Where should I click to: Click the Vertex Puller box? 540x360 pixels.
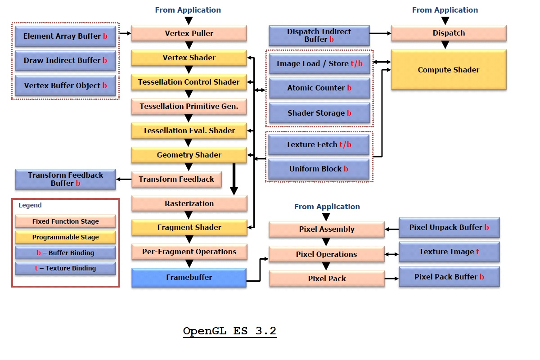point(189,33)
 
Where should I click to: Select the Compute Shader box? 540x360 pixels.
point(449,70)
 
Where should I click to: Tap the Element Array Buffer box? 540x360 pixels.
point(65,36)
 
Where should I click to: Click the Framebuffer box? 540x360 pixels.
point(189,277)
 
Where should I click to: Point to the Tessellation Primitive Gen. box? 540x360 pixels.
point(189,106)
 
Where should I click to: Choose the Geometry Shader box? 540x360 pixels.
point(189,155)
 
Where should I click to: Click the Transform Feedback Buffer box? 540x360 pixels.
point(65,179)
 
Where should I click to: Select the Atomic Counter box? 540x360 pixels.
point(319,88)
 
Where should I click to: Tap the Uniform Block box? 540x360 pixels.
point(319,169)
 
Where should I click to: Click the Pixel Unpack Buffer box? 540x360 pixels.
point(449,228)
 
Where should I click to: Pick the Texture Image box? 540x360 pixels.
point(449,252)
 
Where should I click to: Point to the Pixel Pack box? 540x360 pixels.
point(327,279)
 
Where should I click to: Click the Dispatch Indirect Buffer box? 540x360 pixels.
point(319,36)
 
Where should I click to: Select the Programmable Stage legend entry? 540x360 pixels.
point(65,237)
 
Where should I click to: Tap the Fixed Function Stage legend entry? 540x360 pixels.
point(65,221)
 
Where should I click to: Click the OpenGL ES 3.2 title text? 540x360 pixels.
point(229,331)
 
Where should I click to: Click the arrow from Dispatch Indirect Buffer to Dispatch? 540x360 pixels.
point(380,33)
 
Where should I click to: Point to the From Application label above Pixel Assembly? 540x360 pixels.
point(327,207)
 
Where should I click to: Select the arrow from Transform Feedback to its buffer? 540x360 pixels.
point(124,179)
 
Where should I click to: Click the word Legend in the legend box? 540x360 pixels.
point(30,205)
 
